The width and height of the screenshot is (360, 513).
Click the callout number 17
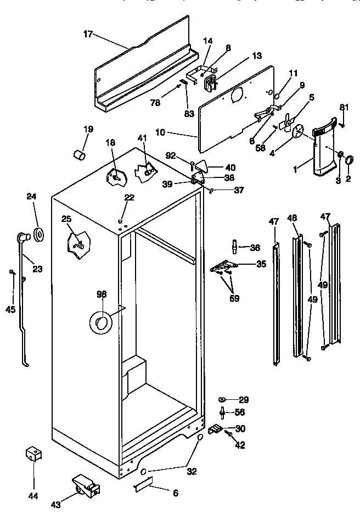[x=87, y=34]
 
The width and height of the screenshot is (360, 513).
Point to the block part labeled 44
[x=33, y=454]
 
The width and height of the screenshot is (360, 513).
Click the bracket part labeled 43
[x=85, y=486]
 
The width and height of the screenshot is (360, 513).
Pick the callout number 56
[x=239, y=412]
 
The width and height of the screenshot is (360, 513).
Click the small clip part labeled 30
[x=216, y=428]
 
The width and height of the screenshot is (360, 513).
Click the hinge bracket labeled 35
[x=222, y=266]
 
